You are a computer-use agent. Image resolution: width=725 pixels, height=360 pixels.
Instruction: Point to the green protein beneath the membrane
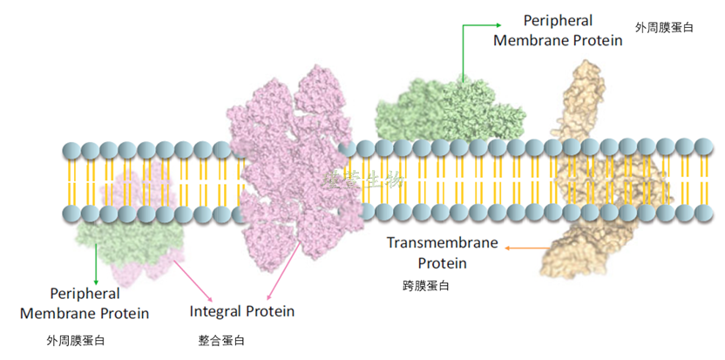point(131,241)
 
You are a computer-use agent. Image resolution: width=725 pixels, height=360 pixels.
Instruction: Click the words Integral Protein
point(242,311)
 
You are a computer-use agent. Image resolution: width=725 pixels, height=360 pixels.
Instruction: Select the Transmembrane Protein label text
point(442,253)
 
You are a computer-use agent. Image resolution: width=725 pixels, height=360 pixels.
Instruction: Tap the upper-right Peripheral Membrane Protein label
point(558,31)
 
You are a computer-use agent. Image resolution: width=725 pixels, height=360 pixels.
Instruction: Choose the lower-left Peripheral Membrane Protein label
point(85,303)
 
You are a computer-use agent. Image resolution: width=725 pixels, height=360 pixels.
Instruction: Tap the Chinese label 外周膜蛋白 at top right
point(664,28)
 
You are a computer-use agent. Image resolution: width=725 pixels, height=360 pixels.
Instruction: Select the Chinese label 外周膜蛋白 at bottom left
point(76,340)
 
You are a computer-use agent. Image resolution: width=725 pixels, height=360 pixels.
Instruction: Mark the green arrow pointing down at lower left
point(96,262)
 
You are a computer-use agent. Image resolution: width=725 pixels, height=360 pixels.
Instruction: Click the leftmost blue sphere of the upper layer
point(71,150)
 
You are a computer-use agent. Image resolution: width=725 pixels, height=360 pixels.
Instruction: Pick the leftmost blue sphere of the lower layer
point(71,213)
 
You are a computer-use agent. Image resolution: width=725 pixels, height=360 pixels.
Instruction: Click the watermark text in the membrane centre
point(365,180)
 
